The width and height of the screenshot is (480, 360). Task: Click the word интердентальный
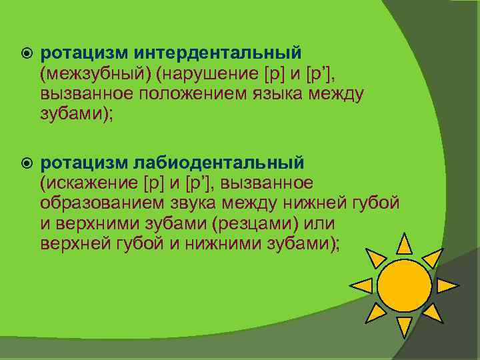pos(217,52)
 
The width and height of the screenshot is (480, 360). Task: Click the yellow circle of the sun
pos(404,286)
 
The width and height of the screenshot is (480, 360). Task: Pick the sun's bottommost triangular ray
pos(404,327)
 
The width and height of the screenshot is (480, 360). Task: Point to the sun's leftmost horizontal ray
pos(361,286)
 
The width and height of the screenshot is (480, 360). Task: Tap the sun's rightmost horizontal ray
pos(446,286)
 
